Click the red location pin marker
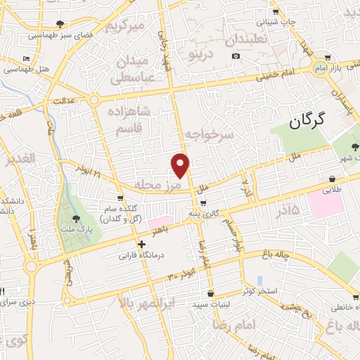[x=181, y=166]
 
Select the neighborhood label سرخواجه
[x=209, y=133]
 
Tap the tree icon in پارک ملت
[x=76, y=219]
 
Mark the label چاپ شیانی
[x=276, y=22]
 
